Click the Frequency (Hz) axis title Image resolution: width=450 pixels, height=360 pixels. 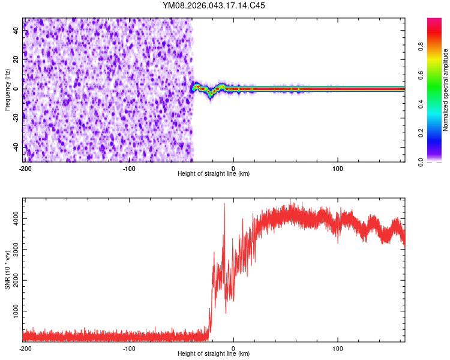click(7, 90)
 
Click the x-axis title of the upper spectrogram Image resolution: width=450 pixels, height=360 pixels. click(214, 173)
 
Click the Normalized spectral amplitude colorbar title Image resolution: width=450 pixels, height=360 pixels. click(445, 90)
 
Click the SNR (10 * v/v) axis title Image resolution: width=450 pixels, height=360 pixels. click(7, 270)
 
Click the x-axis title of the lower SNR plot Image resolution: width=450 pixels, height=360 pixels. click(214, 353)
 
